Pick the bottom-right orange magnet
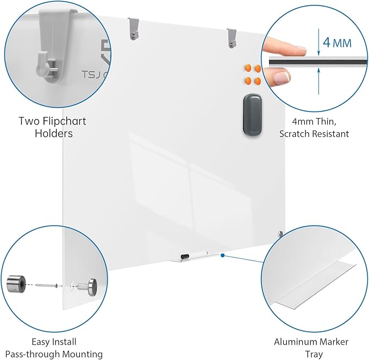tap(257, 82)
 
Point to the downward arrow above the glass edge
tap(318, 46)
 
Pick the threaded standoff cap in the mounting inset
tap(87, 284)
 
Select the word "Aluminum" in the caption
tap(297, 342)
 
